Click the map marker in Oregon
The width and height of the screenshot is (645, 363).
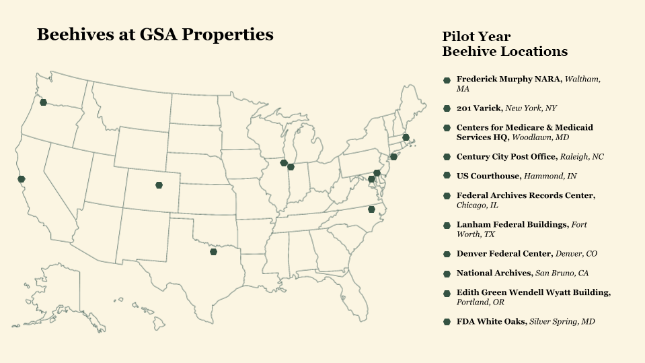(43, 102)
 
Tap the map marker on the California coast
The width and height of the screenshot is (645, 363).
(22, 179)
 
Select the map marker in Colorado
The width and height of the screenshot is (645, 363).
(159, 185)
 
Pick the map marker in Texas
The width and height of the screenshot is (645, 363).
(213, 252)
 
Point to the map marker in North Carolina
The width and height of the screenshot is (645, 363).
(371, 209)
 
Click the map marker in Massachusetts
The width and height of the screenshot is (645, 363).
(406, 137)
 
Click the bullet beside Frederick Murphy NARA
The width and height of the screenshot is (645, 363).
(447, 80)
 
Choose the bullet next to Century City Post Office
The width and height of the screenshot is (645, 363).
(447, 157)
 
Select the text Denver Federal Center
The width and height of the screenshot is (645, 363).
(504, 254)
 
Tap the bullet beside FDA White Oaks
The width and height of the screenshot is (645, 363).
(447, 323)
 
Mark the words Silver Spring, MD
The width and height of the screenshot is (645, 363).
(562, 323)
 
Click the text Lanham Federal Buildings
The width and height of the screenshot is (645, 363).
(512, 224)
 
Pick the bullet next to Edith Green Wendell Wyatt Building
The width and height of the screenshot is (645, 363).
(447, 294)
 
